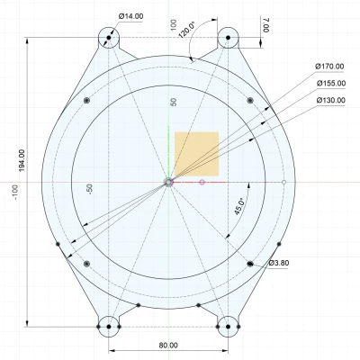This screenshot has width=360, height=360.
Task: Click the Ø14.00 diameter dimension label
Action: pos(131,16)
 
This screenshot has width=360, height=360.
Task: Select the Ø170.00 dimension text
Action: pos(329,67)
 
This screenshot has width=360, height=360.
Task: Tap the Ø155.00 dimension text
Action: pos(331,83)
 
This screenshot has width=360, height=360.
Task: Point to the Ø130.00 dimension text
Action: pos(331,100)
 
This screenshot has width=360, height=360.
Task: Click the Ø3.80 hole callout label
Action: pos(279,263)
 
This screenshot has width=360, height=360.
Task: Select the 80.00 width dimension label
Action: pos(168,346)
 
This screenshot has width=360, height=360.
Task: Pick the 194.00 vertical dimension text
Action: pos(22,160)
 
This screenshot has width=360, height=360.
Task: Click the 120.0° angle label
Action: pos(186,30)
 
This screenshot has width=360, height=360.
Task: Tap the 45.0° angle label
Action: pos(239,206)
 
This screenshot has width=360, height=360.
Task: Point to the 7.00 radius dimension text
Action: pos(266,25)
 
